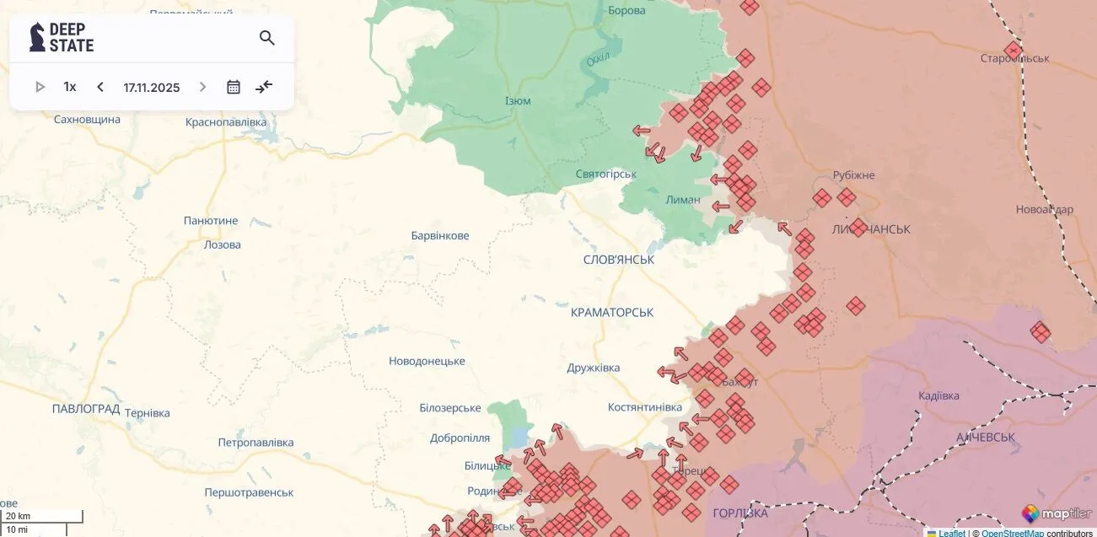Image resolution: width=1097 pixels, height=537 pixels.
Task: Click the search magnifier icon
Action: [x=267, y=38]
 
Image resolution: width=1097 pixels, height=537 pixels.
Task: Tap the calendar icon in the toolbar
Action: [x=234, y=87]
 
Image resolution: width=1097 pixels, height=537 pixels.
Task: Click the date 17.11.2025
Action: [x=152, y=87]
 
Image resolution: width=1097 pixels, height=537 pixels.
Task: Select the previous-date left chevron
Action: [x=100, y=87]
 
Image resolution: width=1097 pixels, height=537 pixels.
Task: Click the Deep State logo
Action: [x=62, y=38]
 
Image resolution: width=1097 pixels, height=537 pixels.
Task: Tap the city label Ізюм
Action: [x=518, y=101]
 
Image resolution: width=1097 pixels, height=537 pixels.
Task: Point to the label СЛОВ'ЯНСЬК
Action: [x=619, y=260]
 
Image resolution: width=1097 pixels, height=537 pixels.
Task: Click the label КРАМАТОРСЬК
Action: [x=612, y=313]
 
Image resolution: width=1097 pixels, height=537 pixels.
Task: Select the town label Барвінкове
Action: [x=440, y=236]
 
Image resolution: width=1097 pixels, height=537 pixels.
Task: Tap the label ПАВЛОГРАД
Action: [x=86, y=409]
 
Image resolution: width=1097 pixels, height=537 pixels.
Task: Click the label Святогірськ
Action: [x=605, y=175]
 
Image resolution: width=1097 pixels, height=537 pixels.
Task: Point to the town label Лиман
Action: [x=682, y=200]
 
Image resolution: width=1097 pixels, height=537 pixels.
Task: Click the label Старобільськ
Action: [x=1014, y=59]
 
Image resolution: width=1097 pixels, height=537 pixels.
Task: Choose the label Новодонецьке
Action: [x=427, y=362]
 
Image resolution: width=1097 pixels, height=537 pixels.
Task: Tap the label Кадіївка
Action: [x=938, y=396]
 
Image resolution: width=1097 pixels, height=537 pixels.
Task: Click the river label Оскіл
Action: [x=599, y=58]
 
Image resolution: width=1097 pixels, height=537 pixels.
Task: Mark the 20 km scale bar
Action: [x=41, y=516]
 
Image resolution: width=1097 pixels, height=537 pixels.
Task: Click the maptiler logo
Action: [x=1057, y=513]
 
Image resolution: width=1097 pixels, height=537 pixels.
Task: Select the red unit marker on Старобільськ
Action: [x=1013, y=51]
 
